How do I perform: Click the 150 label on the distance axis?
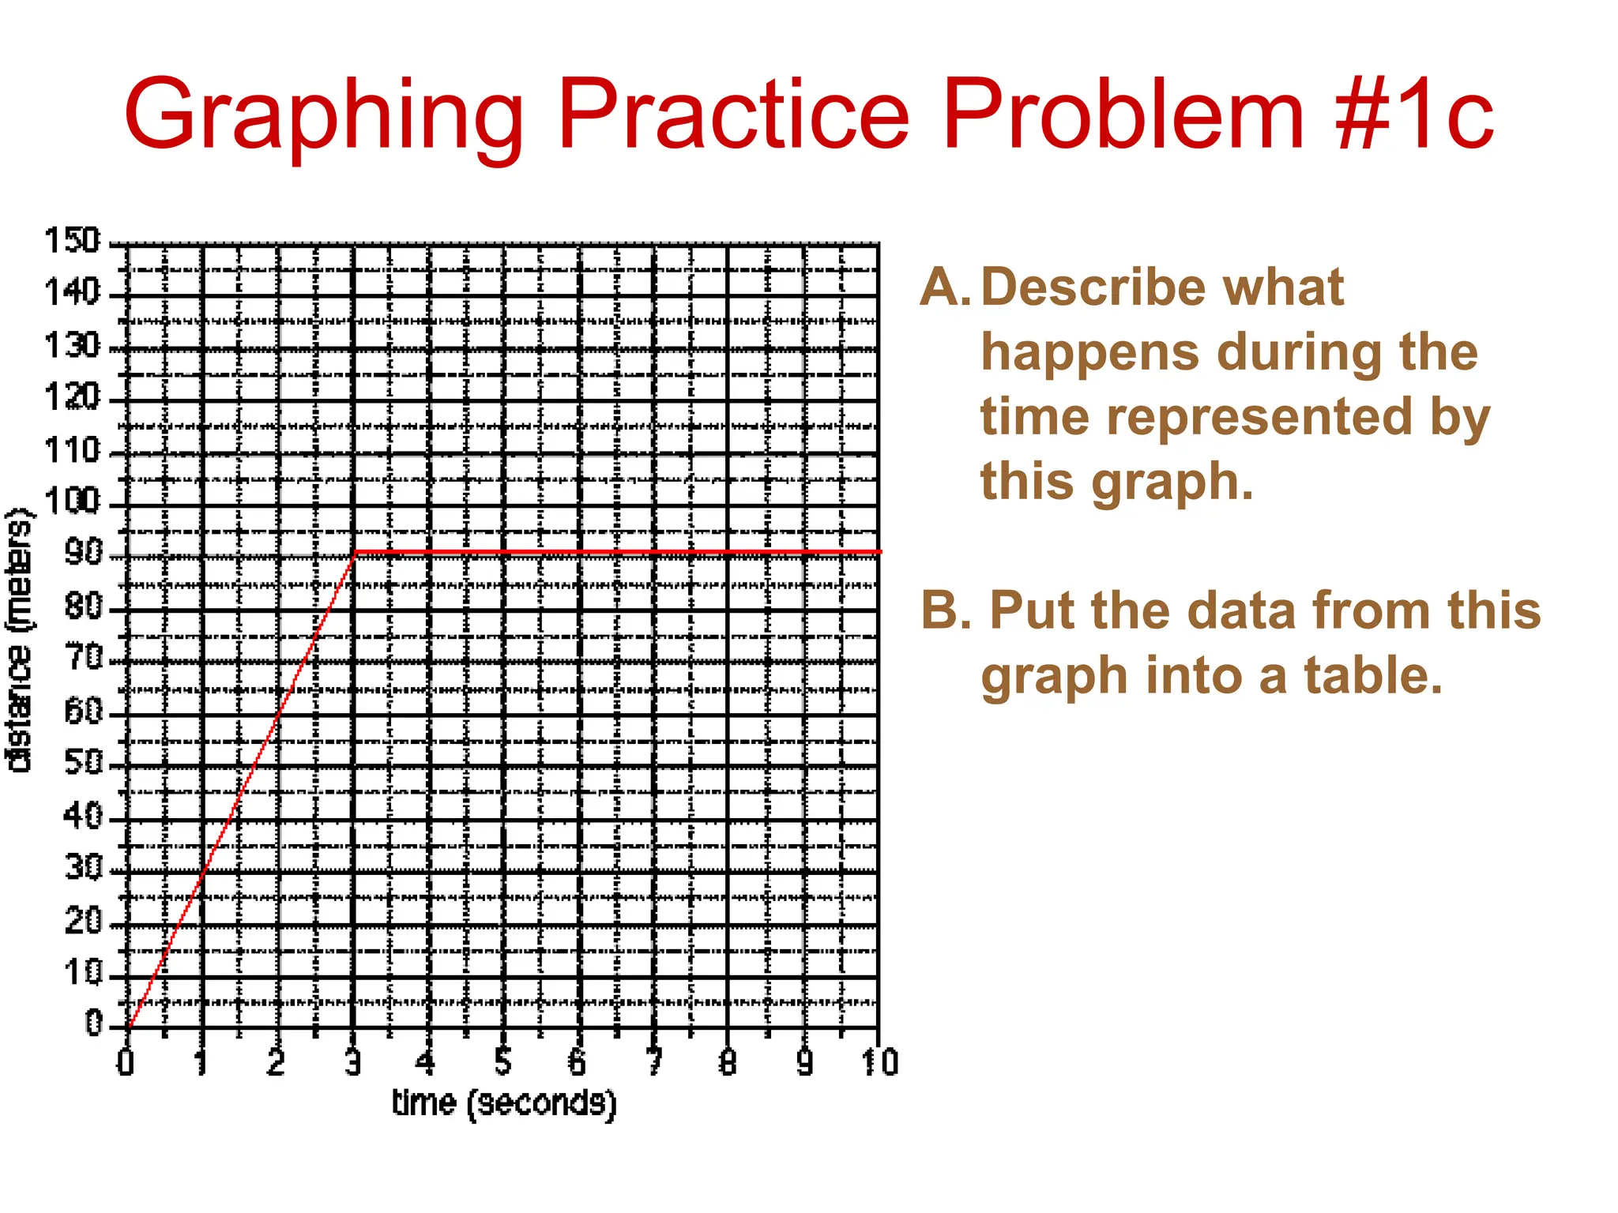coord(73,240)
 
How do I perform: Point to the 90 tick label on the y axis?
coord(83,553)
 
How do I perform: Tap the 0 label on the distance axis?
coord(94,1023)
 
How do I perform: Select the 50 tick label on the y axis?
coord(83,762)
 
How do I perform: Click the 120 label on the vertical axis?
coord(73,396)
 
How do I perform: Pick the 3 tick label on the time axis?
coord(353,1063)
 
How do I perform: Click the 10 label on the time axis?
coord(879,1063)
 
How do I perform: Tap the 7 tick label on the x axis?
coord(654,1063)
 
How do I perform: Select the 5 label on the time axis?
coord(503,1063)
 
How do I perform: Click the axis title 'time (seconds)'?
coord(503,1102)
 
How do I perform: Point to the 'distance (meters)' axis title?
coord(19,640)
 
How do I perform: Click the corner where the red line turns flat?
coord(356,552)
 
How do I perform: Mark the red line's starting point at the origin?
coord(128,1027)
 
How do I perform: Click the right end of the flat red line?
coord(879,552)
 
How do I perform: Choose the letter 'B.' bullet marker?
coord(946,610)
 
